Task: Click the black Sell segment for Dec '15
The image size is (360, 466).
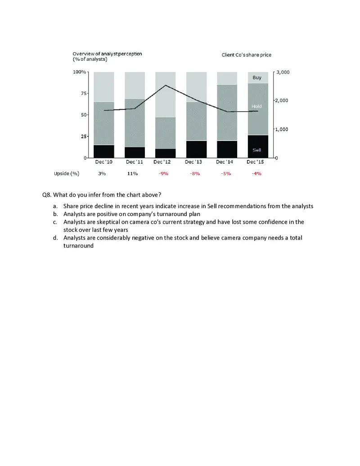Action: click(x=258, y=146)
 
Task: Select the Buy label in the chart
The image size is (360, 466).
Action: click(x=257, y=77)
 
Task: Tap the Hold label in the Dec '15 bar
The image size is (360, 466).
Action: click(x=256, y=106)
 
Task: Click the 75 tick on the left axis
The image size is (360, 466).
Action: click(x=83, y=93)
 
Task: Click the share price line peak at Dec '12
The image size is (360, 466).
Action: click(x=166, y=85)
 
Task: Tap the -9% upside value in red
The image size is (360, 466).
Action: click(x=163, y=173)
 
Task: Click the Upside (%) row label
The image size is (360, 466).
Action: click(x=67, y=173)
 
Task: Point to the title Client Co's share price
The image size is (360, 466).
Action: click(x=246, y=55)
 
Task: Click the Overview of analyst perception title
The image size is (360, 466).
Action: click(x=107, y=54)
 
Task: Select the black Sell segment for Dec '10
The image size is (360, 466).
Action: click(x=103, y=151)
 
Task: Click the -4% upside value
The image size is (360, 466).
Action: click(x=257, y=173)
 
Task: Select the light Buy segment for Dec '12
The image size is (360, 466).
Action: click(x=165, y=95)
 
